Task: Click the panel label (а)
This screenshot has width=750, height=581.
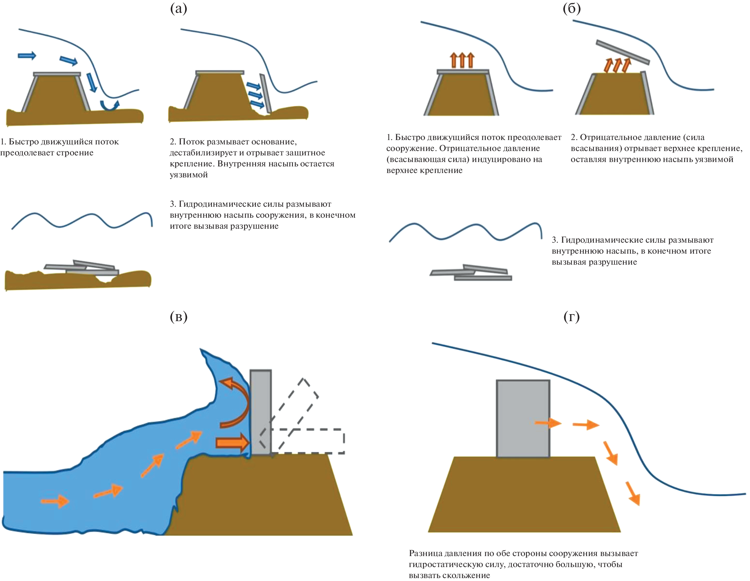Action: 179,9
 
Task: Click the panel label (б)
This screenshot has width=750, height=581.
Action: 571,9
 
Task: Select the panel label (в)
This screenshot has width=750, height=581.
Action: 179,317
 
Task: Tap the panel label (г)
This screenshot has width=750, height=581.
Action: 571,317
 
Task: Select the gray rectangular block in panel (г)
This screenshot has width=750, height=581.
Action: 523,418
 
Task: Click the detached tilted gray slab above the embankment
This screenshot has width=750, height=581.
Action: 622,52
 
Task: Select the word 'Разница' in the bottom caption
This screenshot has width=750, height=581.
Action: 423,553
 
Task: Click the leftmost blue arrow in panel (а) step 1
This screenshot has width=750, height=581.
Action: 27,56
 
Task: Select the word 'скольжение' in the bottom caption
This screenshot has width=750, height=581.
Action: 468,575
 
